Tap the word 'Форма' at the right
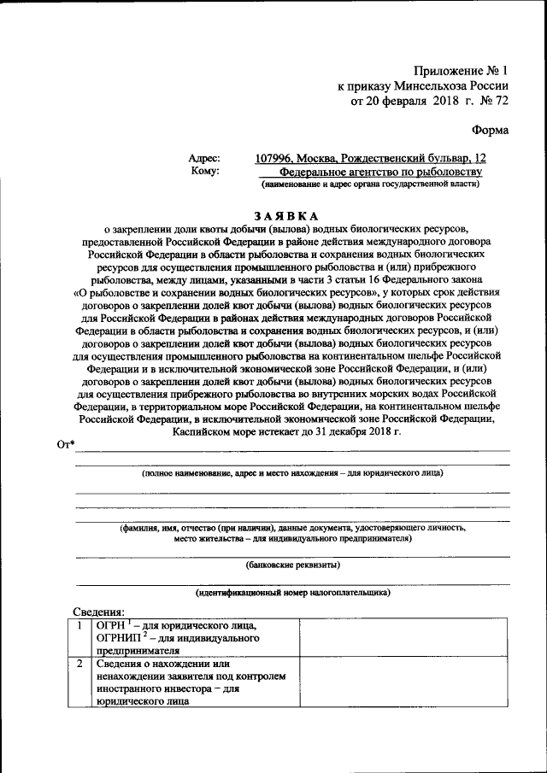490,131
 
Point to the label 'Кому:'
206,171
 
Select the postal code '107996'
275,158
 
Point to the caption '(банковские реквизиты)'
292,565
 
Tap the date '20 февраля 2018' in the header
415,101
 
